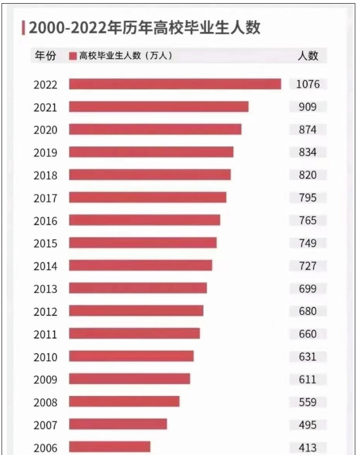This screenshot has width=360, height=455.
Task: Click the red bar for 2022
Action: (x=175, y=84)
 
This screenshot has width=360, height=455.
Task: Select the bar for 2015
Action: (x=143, y=243)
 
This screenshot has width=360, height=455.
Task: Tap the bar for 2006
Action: (x=110, y=447)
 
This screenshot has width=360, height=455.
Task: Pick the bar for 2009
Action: (x=130, y=379)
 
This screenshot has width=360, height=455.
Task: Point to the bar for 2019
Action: (x=151, y=152)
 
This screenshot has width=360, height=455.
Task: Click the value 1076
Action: (x=308, y=84)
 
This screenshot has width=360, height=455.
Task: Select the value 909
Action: (x=308, y=107)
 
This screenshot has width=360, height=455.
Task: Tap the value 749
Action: (x=308, y=243)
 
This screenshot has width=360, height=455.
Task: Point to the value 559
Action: (x=308, y=402)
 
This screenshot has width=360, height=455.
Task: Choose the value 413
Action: (x=308, y=448)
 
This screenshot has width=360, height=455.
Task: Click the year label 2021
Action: (x=45, y=108)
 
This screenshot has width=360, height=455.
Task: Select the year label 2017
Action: (x=45, y=199)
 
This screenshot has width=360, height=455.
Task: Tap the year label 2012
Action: (x=45, y=312)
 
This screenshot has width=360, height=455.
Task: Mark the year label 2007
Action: (x=45, y=425)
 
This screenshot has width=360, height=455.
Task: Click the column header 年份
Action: (x=45, y=55)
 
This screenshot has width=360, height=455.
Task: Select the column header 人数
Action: (x=308, y=55)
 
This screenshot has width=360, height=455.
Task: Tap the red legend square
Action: (x=73, y=56)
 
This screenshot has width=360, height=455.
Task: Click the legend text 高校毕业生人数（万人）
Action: (x=125, y=55)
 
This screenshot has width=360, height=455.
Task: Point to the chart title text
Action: (x=144, y=27)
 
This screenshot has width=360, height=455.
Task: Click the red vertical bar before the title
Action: (x=23, y=28)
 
